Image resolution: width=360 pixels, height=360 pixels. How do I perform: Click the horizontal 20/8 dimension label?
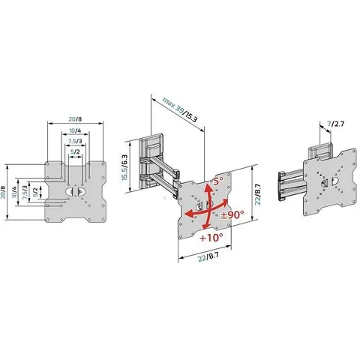coord(75,119)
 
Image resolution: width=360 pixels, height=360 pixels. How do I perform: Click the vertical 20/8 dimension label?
coord(3,192)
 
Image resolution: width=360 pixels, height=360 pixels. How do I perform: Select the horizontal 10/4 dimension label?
coord(75,130)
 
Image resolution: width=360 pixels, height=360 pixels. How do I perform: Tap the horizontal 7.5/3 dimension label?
coord(75,141)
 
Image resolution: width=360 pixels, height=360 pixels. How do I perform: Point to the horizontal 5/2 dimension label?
coord(75,151)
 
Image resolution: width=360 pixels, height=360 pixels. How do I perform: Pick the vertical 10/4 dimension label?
coord(14,192)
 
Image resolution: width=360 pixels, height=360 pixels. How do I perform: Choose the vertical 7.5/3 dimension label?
coord(25,192)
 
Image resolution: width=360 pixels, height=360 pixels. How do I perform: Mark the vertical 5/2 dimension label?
coord(35,192)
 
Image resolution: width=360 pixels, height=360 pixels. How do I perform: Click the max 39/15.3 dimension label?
coord(180,109)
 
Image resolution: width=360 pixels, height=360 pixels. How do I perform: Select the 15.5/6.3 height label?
coord(124,167)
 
